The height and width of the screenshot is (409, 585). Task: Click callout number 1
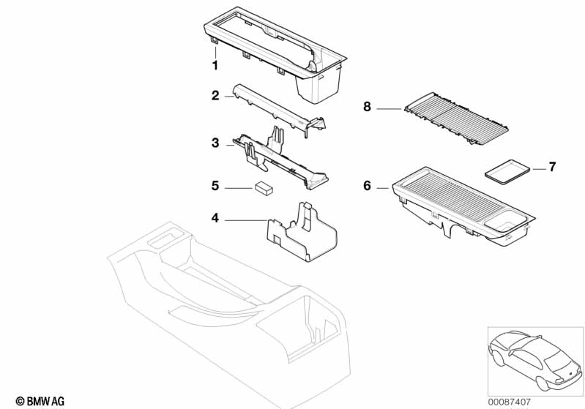(215, 65)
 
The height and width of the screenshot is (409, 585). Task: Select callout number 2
(215, 95)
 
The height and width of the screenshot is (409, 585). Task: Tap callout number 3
(215, 143)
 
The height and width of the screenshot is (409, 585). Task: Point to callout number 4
(215, 217)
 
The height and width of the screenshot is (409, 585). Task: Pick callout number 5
(215, 186)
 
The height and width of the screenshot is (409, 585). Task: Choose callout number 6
(367, 186)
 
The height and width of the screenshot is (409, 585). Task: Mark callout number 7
(553, 168)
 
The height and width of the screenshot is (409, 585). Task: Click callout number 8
(367, 108)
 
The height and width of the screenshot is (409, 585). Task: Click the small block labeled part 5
(263, 188)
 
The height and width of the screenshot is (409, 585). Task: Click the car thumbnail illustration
(534, 359)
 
